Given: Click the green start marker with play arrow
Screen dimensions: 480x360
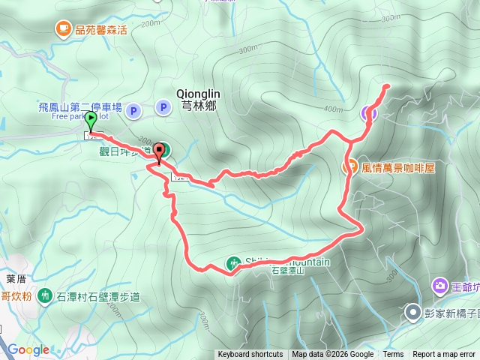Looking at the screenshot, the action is (x=91, y=118).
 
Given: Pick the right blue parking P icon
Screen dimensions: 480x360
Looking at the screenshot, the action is (x=163, y=108).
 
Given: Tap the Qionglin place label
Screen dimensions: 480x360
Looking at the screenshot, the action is (x=196, y=93).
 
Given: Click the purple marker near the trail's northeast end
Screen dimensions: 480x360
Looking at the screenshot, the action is (x=368, y=113).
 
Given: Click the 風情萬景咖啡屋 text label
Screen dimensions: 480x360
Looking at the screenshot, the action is (x=397, y=168).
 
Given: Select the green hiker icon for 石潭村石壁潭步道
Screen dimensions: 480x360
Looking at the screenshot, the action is (x=46, y=296).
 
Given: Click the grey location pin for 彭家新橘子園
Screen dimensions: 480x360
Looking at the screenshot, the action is (x=412, y=312).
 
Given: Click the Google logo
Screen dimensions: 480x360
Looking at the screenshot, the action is (x=28, y=349).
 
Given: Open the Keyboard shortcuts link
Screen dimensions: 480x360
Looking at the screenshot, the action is (x=250, y=355).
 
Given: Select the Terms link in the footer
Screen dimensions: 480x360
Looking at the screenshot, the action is (x=393, y=355).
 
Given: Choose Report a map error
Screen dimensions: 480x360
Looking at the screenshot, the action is (x=444, y=355).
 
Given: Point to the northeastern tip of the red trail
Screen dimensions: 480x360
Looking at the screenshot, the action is (x=387, y=86).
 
